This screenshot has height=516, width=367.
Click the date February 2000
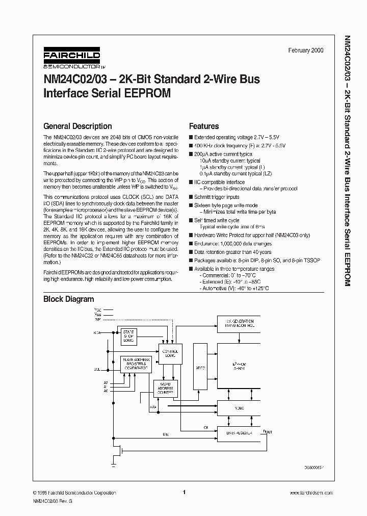tap(306, 50)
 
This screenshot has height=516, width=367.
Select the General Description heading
tap(77, 126)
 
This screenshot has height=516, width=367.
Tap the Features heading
tap(204, 126)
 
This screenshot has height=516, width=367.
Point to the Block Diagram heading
tap(68, 299)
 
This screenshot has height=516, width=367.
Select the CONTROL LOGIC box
tap(169, 353)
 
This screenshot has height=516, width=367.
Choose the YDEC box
tap(239, 408)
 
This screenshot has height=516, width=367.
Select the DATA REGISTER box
tap(239, 433)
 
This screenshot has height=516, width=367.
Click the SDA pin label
tap(97, 332)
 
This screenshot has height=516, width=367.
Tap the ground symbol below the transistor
tap(113, 465)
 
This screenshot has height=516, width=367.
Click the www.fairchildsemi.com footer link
tap(311, 493)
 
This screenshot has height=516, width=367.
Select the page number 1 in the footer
tap(183, 493)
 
